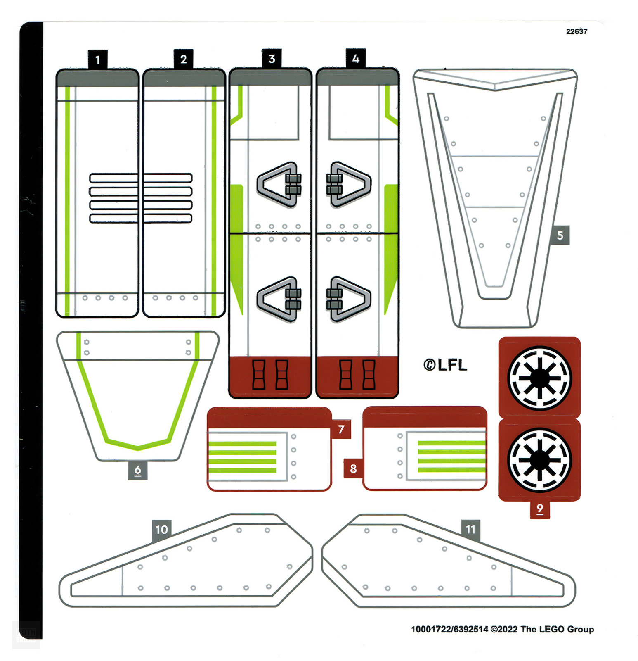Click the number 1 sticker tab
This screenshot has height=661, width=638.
97,59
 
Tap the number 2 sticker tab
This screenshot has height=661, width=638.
183,59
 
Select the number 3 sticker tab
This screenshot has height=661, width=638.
272,59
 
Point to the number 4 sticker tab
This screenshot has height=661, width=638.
356,59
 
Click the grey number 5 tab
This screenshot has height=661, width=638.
560,235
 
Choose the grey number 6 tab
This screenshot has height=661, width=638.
138,470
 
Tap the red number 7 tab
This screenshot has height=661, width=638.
341,429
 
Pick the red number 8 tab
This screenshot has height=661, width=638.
353,468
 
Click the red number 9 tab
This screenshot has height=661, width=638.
540,509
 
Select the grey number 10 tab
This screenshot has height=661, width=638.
161,529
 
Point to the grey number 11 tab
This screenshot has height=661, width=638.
470,529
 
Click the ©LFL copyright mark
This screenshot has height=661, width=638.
445,365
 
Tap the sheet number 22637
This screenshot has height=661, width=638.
577,31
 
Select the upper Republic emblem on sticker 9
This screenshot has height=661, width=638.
539,378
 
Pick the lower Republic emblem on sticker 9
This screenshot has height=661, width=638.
539,460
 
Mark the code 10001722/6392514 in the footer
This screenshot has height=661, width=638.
449,629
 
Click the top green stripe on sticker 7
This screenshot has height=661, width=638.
243,444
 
